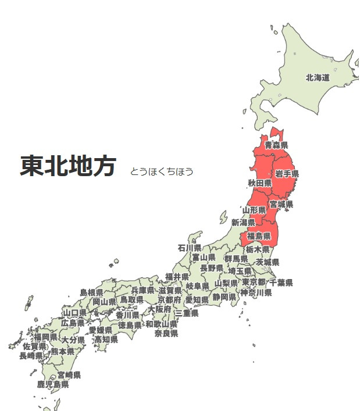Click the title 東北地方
68,166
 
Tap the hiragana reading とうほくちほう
162,171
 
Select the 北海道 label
318,77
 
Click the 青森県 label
276,145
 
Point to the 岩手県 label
287,174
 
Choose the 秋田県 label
259,183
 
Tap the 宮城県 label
281,204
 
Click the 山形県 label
254,209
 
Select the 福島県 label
259,236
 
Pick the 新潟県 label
243,222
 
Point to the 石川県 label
190,248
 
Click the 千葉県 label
281,283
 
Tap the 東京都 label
254,283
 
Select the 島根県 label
91,292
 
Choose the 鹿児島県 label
53,384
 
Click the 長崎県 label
31,355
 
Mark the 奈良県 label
166,333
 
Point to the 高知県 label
106,339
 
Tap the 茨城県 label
268,262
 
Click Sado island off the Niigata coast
223,217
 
